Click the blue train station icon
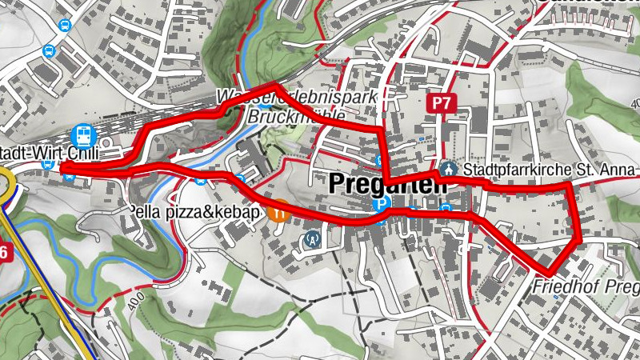[x=82, y=134]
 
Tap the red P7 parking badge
[x=441, y=103]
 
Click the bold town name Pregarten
[x=387, y=184]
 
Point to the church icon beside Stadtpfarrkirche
[x=449, y=170]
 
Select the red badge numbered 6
[x=6, y=253]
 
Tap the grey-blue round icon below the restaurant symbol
[x=312, y=238]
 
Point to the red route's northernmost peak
[x=276, y=85]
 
